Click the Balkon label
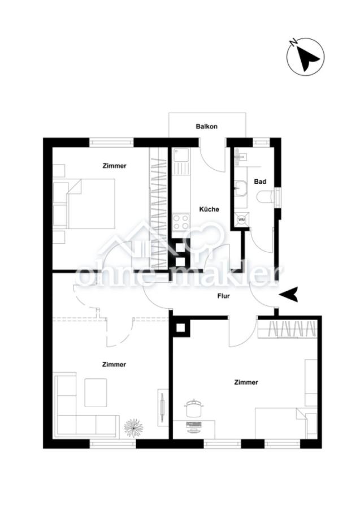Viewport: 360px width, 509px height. coord(207,126)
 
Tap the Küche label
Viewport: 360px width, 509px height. coord(209,209)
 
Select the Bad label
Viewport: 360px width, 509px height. coord(260,182)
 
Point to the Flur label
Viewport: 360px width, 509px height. coord(223,296)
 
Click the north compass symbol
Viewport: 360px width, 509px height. coord(306,58)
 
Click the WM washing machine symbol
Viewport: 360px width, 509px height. coord(242,219)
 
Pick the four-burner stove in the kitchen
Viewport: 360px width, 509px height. coord(181,222)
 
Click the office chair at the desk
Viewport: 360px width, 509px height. coord(192,408)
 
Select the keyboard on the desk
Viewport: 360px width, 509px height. coord(194,424)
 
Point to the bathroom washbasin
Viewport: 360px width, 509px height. coord(241,188)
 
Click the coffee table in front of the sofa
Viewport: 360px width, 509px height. coord(96,392)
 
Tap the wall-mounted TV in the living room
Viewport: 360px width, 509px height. coord(162,407)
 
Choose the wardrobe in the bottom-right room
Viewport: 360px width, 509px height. coord(287,329)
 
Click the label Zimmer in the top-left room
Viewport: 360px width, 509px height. coord(115,166)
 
